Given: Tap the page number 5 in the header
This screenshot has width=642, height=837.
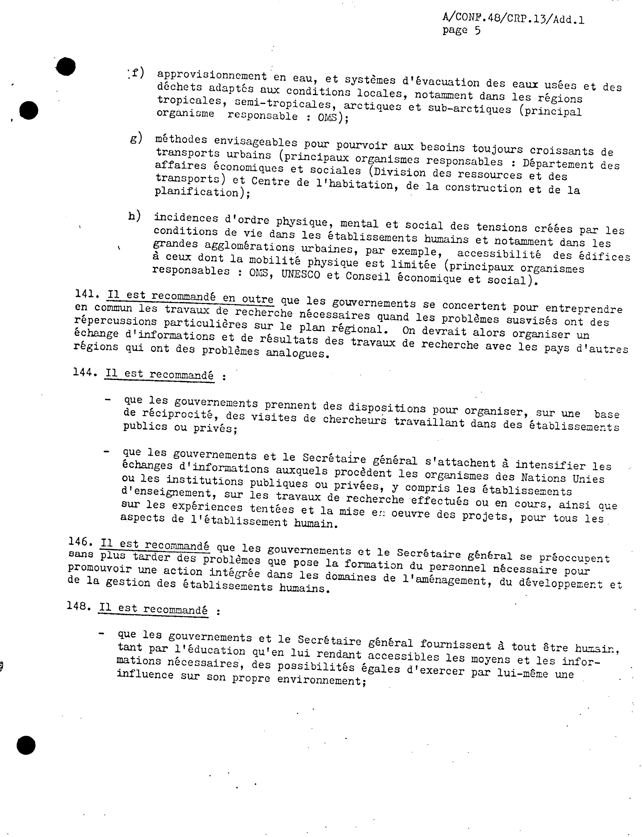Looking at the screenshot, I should [x=477, y=31].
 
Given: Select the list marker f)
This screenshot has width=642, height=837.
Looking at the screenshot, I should [x=136, y=73].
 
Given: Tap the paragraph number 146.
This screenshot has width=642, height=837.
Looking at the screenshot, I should [x=80, y=542].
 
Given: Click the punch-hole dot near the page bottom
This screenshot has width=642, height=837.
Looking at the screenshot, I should [x=26, y=745].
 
